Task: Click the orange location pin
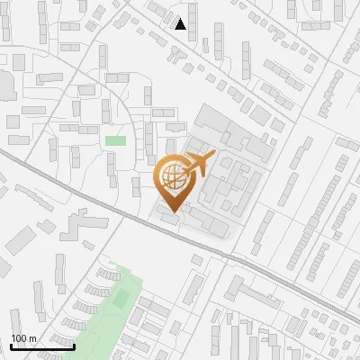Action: pyautogui.click(x=174, y=180)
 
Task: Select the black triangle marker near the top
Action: pyautogui.click(x=181, y=24)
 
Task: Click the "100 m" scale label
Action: pyautogui.click(x=23, y=338)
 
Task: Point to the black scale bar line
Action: pyautogui.click(x=42, y=346)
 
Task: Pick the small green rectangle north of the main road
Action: pyautogui.click(x=115, y=140)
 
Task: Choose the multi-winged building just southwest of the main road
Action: pyautogui.click(x=79, y=225)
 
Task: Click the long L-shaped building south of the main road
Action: pyautogui.click(x=261, y=297)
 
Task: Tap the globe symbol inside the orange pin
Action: pyautogui.click(x=174, y=177)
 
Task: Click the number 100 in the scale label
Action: pyautogui.click(x=19, y=338)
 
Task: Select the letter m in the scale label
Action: pyautogui.click(x=32, y=338)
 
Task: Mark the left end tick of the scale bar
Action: pyautogui.click(x=11, y=345)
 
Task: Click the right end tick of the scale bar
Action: pyautogui.click(x=74, y=345)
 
